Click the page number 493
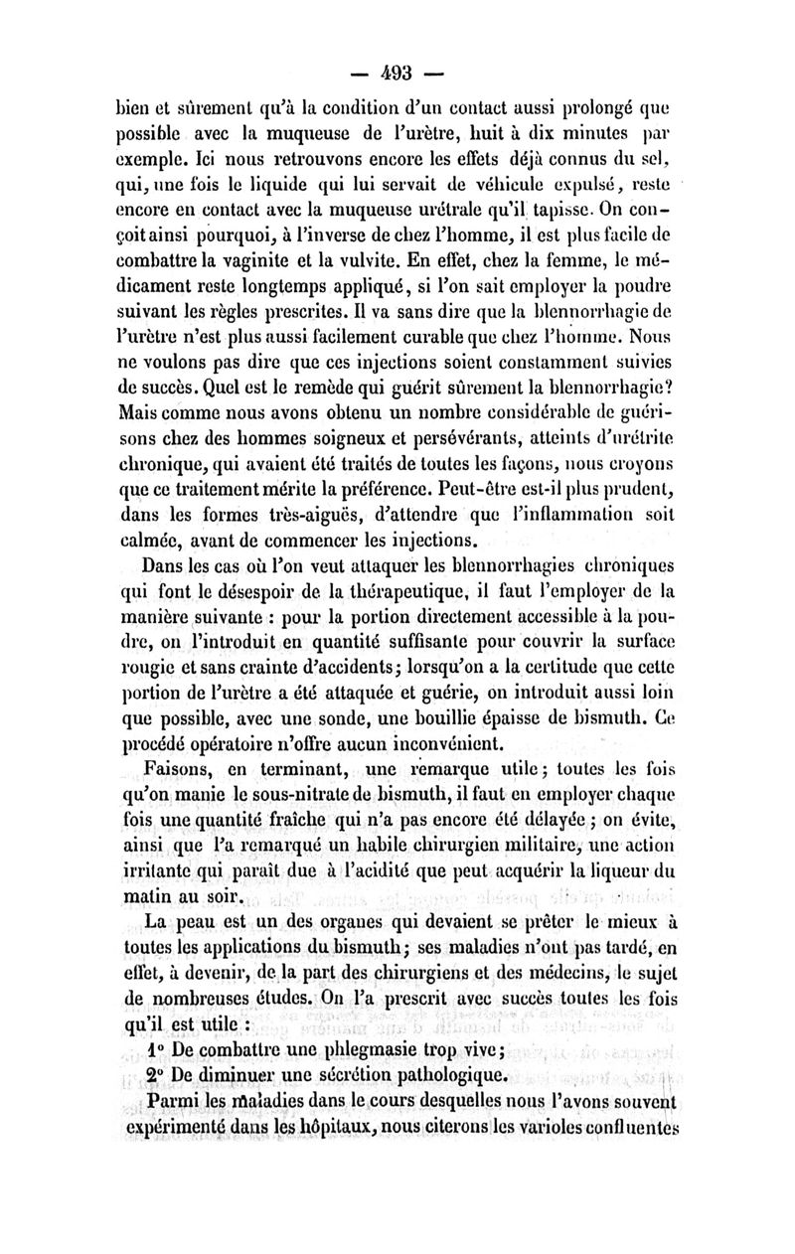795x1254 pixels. [x=398, y=73]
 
